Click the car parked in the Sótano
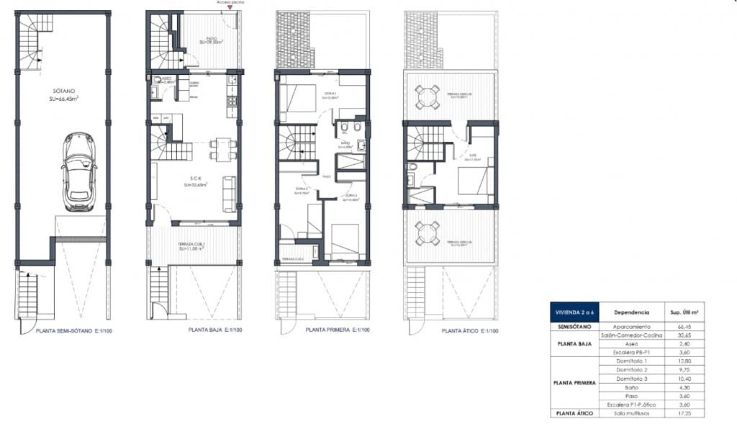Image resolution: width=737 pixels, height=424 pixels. [x=79, y=171]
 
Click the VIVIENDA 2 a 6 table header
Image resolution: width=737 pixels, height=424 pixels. [x=571, y=312]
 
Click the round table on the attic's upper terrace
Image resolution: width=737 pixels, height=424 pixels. [x=428, y=96]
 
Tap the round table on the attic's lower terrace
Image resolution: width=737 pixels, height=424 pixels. [x=428, y=233]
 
